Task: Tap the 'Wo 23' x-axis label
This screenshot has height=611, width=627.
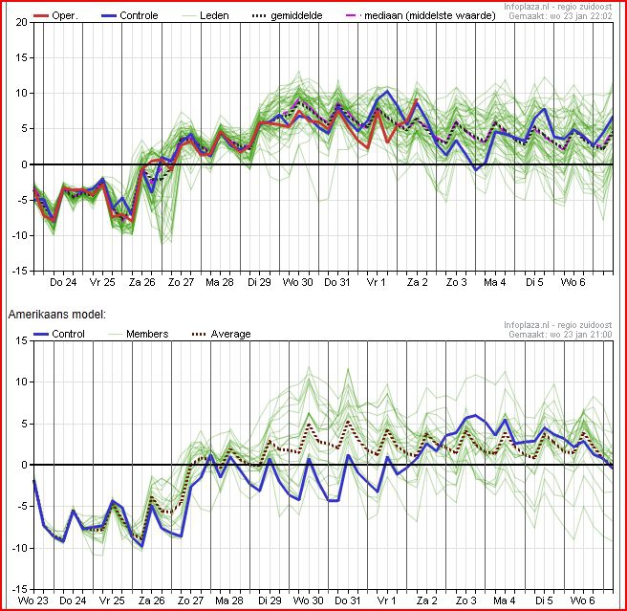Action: (x=32, y=600)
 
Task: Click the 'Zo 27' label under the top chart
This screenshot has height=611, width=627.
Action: (x=181, y=283)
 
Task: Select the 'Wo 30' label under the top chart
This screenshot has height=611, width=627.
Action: (x=298, y=283)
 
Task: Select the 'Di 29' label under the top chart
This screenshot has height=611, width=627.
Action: (x=259, y=283)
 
